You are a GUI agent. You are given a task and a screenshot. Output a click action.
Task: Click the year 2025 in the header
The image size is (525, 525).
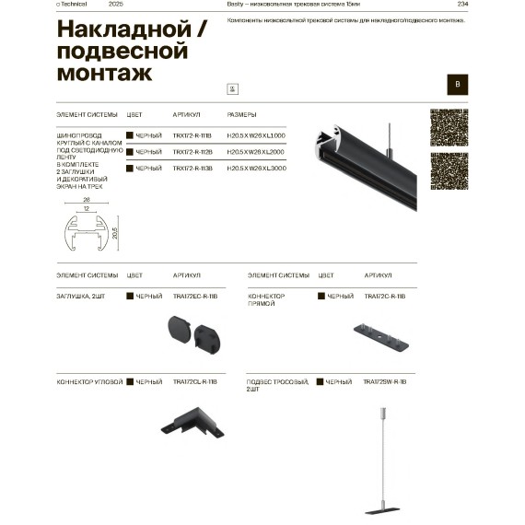point(115,5)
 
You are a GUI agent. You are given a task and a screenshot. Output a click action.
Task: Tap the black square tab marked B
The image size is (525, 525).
point(456,84)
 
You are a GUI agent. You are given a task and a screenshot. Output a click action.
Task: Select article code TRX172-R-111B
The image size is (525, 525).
point(192,136)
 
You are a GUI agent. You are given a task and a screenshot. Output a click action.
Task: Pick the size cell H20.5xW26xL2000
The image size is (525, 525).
point(256,152)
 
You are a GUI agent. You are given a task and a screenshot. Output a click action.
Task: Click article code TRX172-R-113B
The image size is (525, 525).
point(192,169)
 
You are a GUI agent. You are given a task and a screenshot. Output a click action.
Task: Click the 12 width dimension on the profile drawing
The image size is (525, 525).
point(85,208)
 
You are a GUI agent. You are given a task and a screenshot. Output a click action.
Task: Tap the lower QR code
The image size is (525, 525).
point(448,171)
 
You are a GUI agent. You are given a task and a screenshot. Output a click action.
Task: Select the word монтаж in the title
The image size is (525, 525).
point(105,72)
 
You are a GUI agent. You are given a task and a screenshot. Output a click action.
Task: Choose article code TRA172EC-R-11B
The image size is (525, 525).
point(194,297)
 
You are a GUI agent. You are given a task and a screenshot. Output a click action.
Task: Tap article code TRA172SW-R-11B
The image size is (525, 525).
point(385,381)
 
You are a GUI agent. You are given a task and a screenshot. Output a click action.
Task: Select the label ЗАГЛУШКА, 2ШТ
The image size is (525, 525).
point(80,297)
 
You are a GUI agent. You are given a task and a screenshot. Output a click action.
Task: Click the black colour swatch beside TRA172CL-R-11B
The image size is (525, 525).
point(130,381)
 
